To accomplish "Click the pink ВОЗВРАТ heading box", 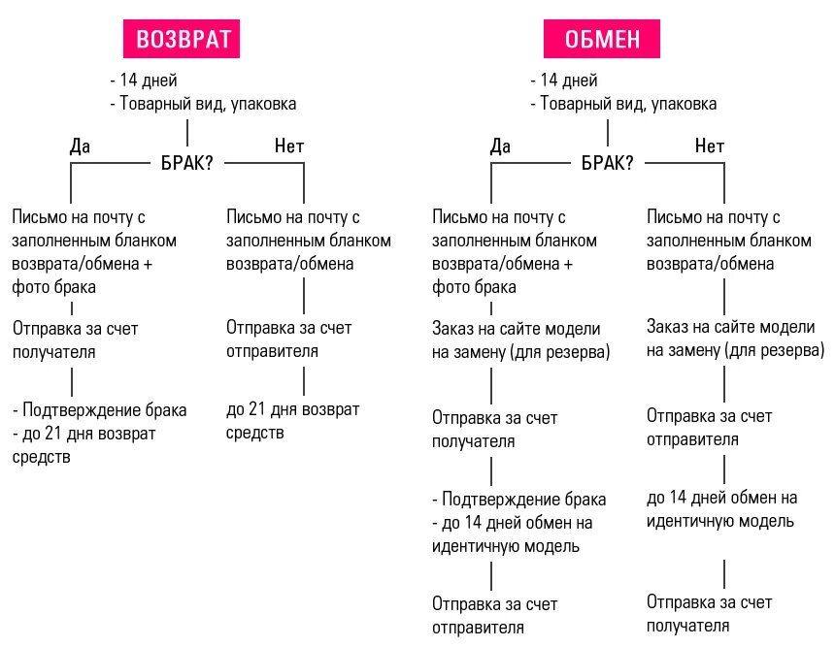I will pos(184,39).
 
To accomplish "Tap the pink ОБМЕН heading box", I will pos(603,39).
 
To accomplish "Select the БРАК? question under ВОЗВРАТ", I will pos(187,163).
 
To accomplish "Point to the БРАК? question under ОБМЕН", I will pos(608,163).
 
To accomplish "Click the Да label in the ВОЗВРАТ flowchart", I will pos(80,146).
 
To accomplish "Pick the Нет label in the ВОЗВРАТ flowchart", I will pos(289,146).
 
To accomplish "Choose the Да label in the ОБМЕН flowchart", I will pos(500,146).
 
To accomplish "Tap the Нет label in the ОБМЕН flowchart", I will pos(710,146).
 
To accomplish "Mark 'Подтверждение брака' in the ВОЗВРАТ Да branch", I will pos(103,410).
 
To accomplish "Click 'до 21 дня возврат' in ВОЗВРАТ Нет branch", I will pos(292,410).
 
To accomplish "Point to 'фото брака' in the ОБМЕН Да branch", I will pos(474,287).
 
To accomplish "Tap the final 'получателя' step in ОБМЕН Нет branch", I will pos(687,626).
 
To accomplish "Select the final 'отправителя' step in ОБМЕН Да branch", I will pos(478,626).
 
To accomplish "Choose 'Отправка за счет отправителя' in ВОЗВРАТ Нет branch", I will pos(288,339).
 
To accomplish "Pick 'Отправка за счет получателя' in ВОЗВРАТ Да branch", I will pos(76,340).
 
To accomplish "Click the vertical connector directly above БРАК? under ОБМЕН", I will pos(608,133).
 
